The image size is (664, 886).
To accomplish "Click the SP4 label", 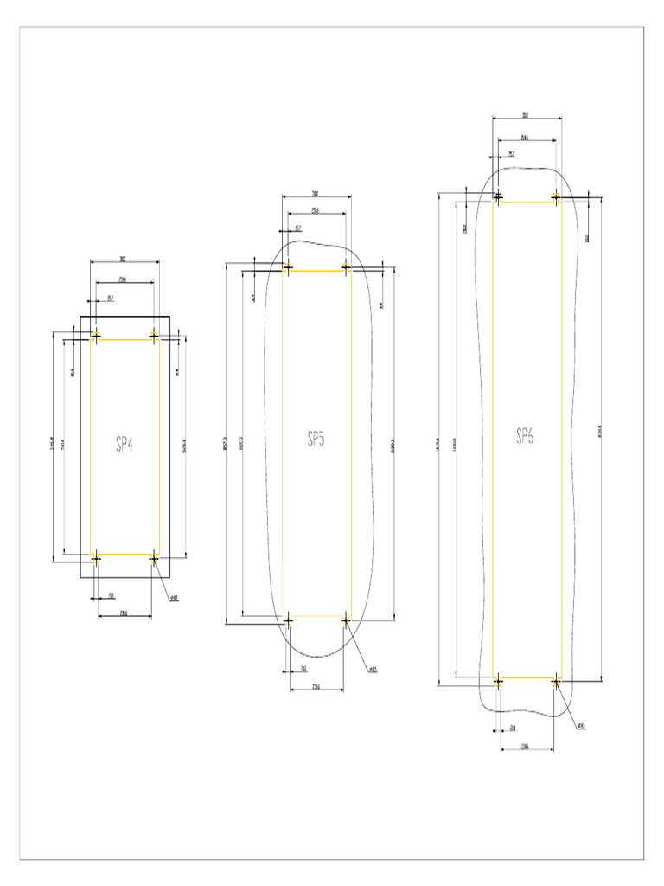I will tap(125, 445).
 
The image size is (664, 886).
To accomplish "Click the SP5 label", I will tap(316, 440).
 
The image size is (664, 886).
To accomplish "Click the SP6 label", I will tap(525, 436).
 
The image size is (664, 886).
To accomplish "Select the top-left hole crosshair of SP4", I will tap(96, 336).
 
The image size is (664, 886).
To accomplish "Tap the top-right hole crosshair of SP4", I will tap(154, 336).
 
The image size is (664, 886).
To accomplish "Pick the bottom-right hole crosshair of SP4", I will tap(154, 559).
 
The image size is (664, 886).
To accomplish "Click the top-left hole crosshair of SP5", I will tap(288, 267).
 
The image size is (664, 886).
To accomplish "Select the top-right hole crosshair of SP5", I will tap(346, 267).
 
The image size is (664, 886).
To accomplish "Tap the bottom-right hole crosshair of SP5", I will tap(346, 620).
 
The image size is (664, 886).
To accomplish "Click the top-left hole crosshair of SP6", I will tap(498, 197).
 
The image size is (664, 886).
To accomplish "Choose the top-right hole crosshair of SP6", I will tap(556, 197).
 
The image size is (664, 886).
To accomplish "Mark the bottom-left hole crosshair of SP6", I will tap(498, 682).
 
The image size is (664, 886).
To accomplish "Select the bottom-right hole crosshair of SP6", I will tap(556, 682).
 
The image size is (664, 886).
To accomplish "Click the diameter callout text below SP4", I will tap(174, 598).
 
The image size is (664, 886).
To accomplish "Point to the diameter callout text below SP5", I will tap(373, 670).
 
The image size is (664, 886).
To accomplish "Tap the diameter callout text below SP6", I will tap(581, 727).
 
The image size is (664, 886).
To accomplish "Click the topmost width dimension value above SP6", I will tap(526, 115).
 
